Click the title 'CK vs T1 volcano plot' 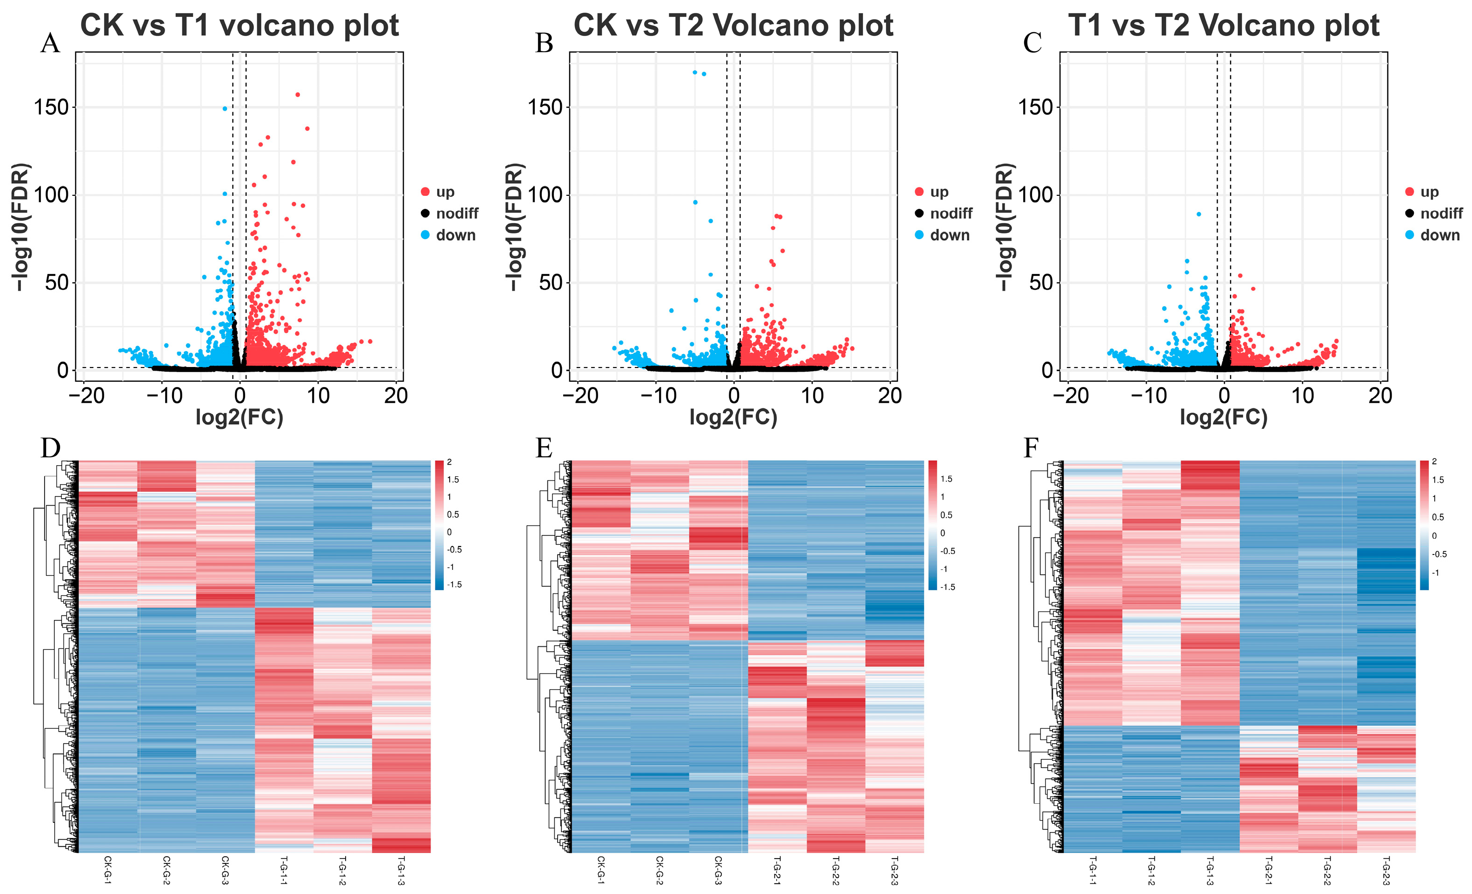point(239,26)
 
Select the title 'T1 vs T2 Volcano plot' point(1224,26)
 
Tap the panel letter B point(544,44)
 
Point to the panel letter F point(1031,447)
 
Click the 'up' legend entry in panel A point(445,192)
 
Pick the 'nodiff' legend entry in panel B point(951,213)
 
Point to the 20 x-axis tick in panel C point(1379,396)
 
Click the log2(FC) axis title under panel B point(733,417)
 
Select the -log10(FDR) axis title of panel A point(20,227)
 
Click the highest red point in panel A point(298,94)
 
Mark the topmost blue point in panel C point(1199,214)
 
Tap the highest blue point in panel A point(225,109)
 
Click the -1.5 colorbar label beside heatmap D point(455,584)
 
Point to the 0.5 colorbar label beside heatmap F point(1438,517)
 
